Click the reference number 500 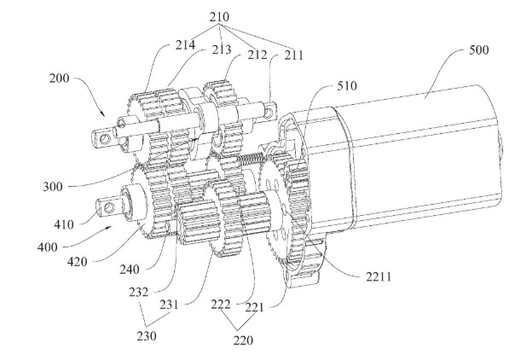click(479, 50)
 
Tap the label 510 click(347, 85)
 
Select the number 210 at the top click(219, 17)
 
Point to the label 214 click(185, 45)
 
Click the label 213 click(222, 50)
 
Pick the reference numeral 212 click(257, 55)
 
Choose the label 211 click(293, 55)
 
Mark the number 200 click(59, 78)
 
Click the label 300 click(53, 187)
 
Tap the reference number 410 click(63, 224)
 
